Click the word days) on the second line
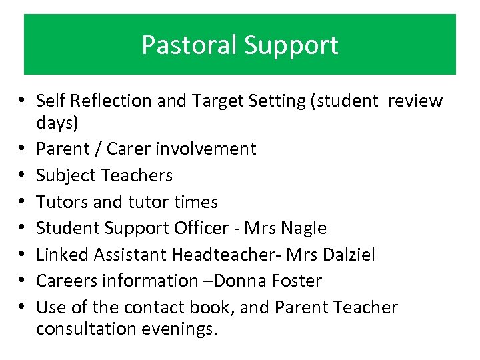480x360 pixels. point(57,123)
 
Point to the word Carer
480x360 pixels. point(120,148)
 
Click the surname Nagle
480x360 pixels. point(303,228)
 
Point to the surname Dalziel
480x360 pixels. point(349,255)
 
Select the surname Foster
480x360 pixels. point(295,281)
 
